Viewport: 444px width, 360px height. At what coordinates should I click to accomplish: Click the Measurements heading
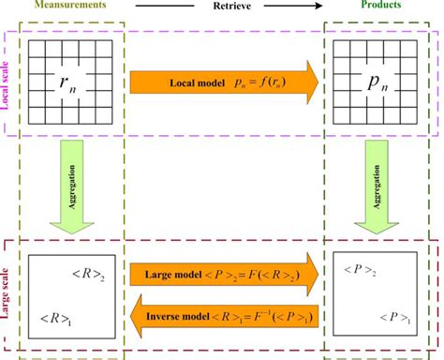(x=68, y=7)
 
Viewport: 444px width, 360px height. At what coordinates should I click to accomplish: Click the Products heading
(x=380, y=7)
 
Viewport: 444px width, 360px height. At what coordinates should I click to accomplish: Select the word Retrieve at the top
(x=221, y=6)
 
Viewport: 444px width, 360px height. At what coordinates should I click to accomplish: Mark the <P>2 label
(x=357, y=272)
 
